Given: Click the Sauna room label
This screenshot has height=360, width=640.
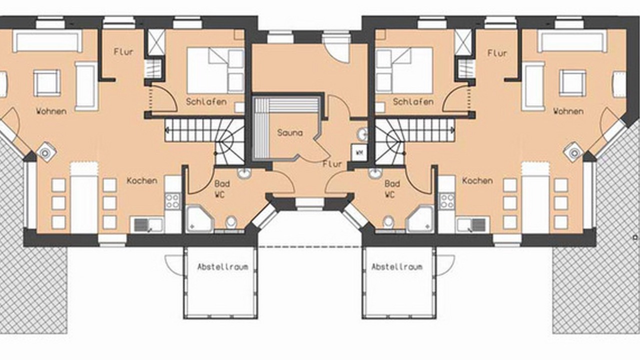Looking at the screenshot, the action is (289, 133).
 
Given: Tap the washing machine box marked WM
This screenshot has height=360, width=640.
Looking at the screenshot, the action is (359, 152).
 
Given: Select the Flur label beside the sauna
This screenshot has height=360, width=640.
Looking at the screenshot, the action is (332, 164).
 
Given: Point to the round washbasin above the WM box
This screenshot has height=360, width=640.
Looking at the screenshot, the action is (363, 134).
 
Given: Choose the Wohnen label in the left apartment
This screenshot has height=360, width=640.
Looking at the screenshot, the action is (51, 111).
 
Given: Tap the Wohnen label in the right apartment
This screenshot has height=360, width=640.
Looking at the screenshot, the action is (568, 111).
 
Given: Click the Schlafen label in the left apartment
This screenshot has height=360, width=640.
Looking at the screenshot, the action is (206, 101).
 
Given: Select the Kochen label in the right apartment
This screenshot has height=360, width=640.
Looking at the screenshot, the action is (477, 180).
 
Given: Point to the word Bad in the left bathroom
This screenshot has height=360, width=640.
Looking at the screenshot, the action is (222, 183).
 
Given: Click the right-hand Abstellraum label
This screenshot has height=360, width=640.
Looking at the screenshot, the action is (397, 267).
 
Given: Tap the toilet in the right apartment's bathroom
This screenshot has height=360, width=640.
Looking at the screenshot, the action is (388, 222).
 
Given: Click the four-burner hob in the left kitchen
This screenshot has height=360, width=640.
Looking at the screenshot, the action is (172, 201).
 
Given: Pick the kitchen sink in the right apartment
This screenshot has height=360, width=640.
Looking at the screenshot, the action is (473, 225).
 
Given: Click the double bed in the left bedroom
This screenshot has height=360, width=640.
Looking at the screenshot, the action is (215, 70).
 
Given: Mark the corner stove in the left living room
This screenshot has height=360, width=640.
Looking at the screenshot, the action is (45, 152).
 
